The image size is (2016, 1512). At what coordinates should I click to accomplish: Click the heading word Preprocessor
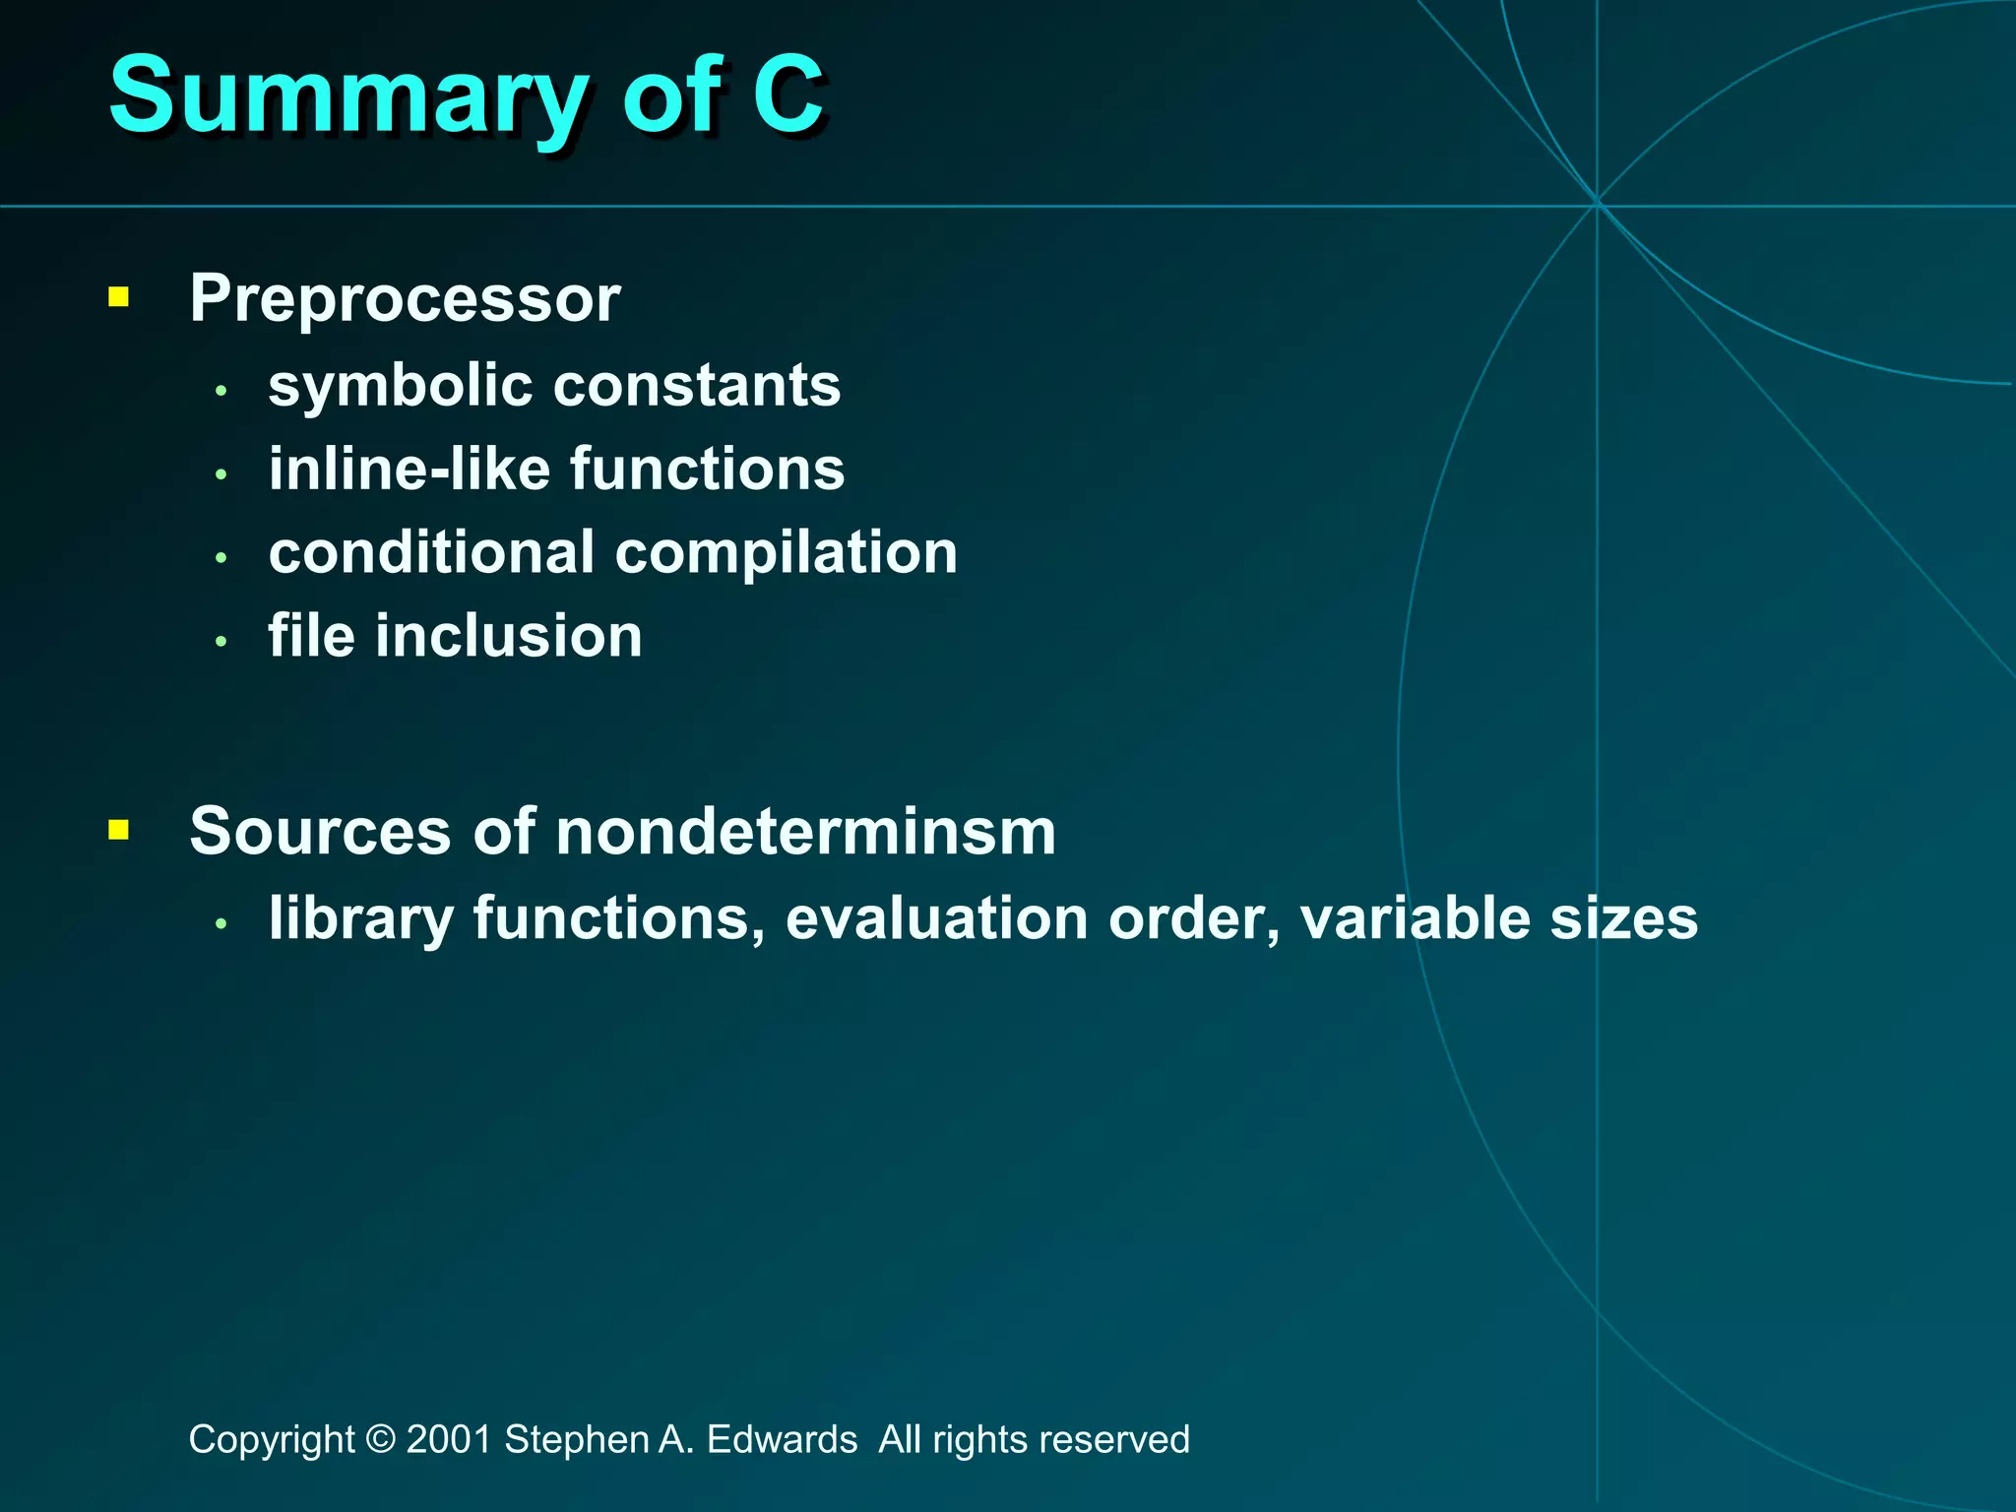click(x=405, y=298)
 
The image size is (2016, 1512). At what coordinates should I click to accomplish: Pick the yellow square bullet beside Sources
click(x=119, y=830)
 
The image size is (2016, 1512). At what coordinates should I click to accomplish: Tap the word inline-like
click(x=408, y=469)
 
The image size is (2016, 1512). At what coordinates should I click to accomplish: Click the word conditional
click(x=431, y=553)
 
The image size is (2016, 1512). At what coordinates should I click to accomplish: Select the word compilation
click(x=787, y=553)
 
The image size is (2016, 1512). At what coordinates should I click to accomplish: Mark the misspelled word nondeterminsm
click(x=805, y=832)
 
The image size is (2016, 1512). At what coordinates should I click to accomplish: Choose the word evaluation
click(x=936, y=918)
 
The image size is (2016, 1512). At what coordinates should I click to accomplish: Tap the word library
click(x=361, y=918)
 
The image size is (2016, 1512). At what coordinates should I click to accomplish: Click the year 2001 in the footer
click(x=448, y=1440)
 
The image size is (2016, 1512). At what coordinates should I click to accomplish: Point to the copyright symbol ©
click(x=380, y=1440)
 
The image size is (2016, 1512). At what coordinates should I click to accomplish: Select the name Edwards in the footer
click(x=782, y=1440)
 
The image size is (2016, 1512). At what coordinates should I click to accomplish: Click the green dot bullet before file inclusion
click(x=221, y=642)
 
